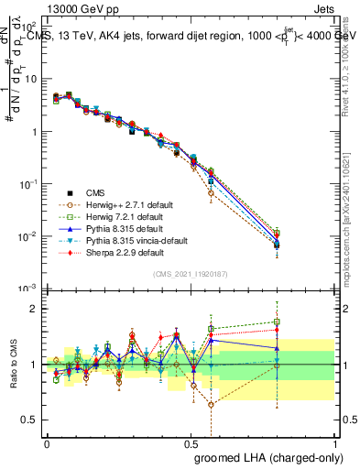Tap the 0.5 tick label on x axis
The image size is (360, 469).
point(191,442)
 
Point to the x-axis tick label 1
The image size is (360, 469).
point(335,442)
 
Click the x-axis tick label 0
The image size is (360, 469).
point(47,442)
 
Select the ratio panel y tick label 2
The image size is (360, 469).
point(33,309)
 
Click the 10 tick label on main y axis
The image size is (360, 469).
point(29,79)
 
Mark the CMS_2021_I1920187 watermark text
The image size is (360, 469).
point(191,274)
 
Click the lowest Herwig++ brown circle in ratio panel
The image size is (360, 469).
point(212,404)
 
